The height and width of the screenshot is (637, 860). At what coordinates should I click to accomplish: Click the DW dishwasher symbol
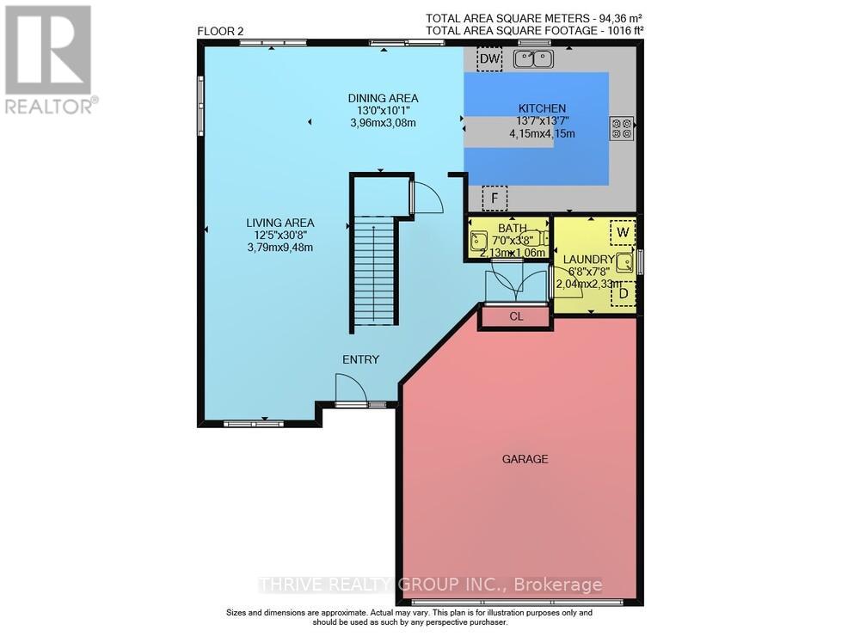tap(489, 58)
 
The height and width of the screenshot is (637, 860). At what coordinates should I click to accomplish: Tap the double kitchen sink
tap(533, 58)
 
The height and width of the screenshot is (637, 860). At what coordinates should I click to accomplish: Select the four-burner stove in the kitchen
tap(622, 129)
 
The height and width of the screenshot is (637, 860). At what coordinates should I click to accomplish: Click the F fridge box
tap(494, 199)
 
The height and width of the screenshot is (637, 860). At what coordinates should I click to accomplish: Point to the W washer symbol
tap(622, 232)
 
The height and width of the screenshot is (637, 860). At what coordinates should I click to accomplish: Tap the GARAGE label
tap(525, 459)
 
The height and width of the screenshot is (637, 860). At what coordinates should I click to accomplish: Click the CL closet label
tap(516, 316)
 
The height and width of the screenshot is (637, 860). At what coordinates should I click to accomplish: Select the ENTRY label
tap(360, 359)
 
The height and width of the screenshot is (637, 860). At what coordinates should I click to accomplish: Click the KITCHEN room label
tap(541, 108)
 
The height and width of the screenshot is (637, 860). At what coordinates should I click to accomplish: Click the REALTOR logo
tap(49, 59)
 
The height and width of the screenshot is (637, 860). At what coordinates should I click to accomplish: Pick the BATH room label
tap(511, 228)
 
